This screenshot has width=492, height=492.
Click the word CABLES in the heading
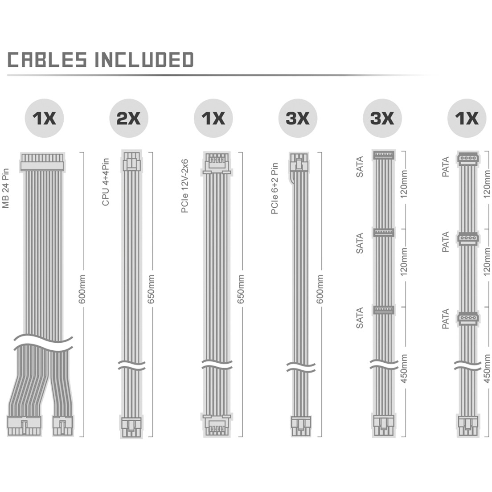point(47,60)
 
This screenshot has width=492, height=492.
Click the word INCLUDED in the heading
point(144,60)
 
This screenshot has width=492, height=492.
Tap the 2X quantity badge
point(129,118)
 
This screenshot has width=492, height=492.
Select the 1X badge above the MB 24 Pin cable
point(44,118)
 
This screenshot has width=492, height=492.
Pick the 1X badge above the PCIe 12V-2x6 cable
point(213,118)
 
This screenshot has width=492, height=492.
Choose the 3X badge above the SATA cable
point(382,118)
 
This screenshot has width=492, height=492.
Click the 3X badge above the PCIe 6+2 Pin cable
point(298,118)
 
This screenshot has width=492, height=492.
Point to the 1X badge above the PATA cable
point(467,118)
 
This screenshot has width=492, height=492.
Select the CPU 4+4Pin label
point(106,182)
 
